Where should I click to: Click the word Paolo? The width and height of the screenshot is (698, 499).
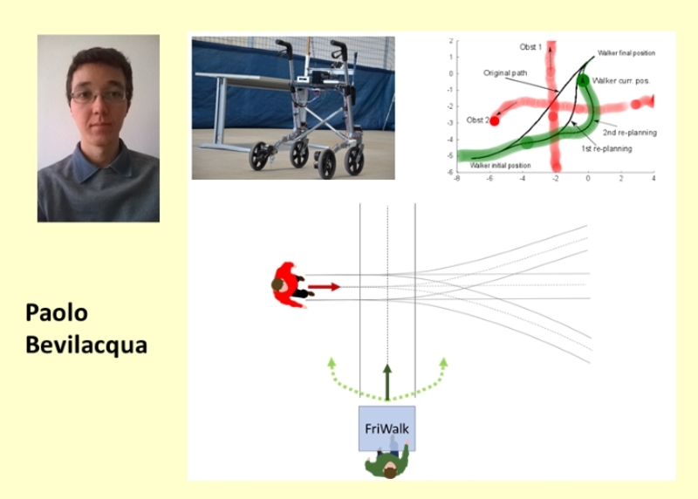(57, 312)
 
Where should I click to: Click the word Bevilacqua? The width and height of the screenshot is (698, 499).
(86, 345)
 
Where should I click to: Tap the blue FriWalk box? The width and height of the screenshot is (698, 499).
(387, 428)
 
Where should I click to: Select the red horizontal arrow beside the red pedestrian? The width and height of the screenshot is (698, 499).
(324, 287)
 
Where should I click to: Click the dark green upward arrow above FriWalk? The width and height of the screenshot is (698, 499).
(387, 382)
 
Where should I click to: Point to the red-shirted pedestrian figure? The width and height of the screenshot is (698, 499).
(290, 285)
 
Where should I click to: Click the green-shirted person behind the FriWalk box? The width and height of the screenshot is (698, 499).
(388, 461)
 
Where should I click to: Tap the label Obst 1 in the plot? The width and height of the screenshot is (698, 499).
(530, 47)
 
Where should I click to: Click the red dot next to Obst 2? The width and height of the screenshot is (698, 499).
(494, 120)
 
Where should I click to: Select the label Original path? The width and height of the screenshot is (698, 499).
(505, 72)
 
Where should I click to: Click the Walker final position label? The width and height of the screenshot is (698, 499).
(626, 53)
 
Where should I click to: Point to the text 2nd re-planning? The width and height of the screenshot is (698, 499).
(630, 133)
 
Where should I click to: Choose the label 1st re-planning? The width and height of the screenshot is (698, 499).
(606, 148)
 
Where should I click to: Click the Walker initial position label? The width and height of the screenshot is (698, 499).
(500, 165)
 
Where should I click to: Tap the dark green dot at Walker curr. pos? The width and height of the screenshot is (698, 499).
(583, 80)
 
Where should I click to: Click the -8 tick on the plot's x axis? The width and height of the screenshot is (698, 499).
(456, 179)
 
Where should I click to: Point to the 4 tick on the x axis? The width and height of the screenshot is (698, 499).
(654, 179)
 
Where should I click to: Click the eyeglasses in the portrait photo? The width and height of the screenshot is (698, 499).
(99, 96)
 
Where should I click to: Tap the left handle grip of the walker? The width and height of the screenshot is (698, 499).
(282, 44)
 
